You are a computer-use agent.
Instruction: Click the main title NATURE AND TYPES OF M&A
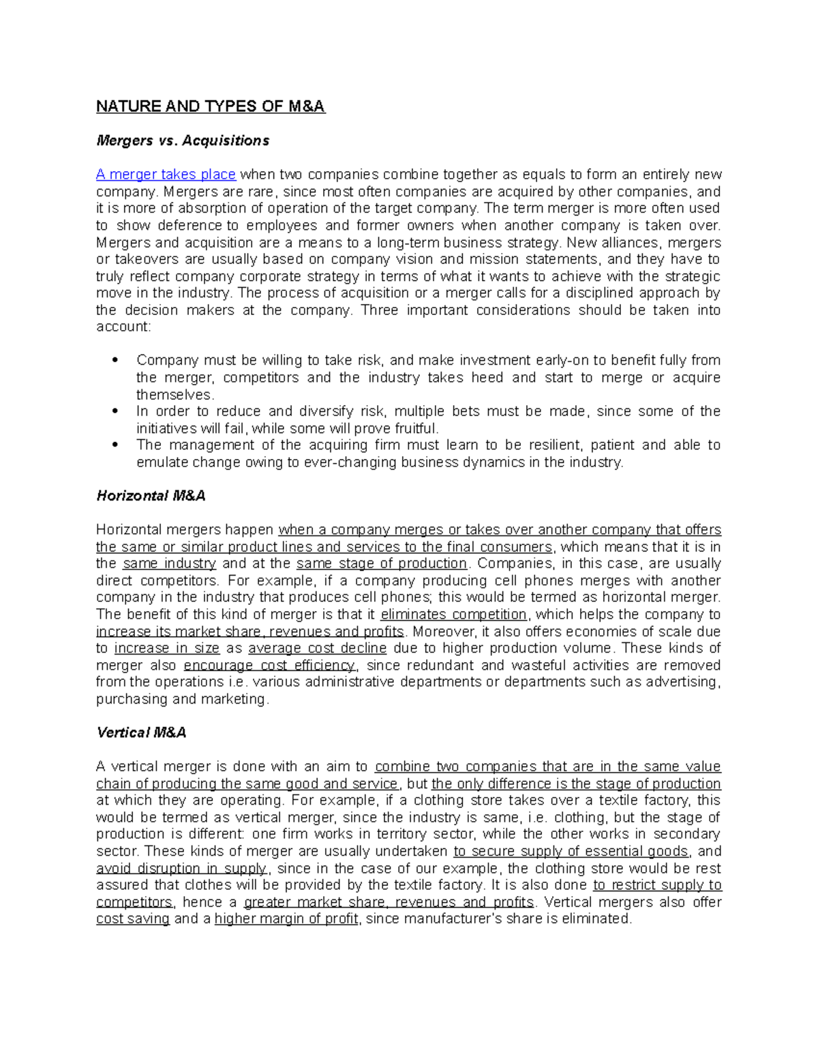coord(211,106)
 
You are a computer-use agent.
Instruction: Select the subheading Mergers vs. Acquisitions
coord(183,140)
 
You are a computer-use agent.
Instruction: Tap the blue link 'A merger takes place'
coord(166,175)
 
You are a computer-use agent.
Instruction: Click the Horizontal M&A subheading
coord(151,496)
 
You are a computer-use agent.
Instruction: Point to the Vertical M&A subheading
coord(141,732)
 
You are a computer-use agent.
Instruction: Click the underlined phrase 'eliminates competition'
coord(453,614)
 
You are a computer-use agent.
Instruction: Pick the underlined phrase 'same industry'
coord(169,563)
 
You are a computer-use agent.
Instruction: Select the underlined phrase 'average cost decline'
coord(317,648)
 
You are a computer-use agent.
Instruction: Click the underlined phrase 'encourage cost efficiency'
coord(269,665)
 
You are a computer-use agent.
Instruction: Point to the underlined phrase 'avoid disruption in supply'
coord(181,868)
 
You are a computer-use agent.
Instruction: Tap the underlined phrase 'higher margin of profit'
coord(286,919)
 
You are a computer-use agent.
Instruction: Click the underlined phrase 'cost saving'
coord(132,919)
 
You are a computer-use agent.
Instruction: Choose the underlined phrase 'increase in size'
coord(166,648)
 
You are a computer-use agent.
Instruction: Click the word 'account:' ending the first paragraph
coord(123,327)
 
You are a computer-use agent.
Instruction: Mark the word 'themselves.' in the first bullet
coord(175,395)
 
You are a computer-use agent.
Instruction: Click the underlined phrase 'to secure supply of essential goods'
coord(571,851)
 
